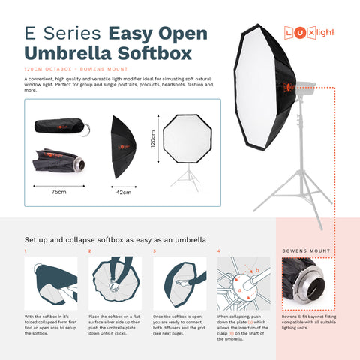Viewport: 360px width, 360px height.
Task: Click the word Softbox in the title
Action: pos(146,53)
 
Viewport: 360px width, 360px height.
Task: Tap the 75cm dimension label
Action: pos(58,192)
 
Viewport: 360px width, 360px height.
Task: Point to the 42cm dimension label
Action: pos(123,193)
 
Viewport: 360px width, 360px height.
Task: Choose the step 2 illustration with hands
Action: pos(115,283)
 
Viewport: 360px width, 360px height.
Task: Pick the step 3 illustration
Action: pos(179,283)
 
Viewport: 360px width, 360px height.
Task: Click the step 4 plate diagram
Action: pos(243,283)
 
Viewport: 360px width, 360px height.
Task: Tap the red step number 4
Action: pos(218,250)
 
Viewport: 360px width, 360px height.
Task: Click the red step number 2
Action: pos(90,250)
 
